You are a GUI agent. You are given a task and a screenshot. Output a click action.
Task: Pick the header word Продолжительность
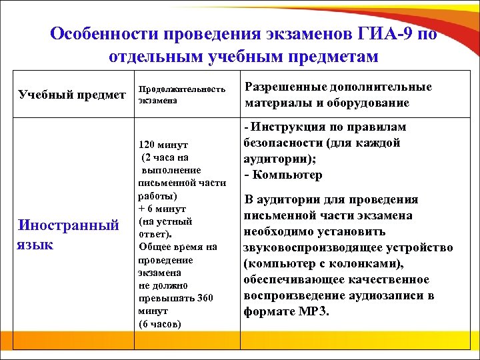pyautogui.click(x=181, y=89)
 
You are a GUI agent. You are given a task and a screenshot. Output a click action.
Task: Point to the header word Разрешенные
pyautogui.click(x=287, y=87)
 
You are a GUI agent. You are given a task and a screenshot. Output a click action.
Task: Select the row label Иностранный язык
pyautogui.click(x=67, y=234)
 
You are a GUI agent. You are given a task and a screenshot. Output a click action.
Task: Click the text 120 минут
pyautogui.click(x=163, y=145)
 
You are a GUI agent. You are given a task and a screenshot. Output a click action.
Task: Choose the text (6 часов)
pyautogui.click(x=160, y=324)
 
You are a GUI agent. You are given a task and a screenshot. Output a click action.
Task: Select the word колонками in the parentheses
pyautogui.click(x=356, y=264)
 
